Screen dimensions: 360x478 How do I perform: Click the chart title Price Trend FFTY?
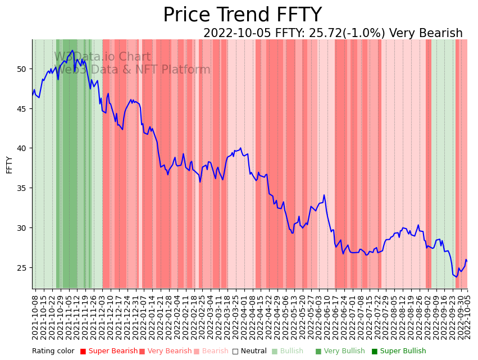(x=242, y=15)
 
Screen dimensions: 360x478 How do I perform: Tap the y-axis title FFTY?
(x=9, y=165)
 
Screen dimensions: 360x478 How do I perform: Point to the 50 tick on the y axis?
(x=22, y=69)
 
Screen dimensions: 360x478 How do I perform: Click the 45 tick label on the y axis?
(x=22, y=109)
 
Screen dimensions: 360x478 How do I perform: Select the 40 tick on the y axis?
(x=22, y=148)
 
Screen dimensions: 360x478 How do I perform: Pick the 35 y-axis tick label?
(x=22, y=188)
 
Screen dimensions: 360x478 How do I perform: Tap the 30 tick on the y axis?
(x=22, y=228)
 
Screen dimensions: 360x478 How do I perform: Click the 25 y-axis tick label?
(x=22, y=268)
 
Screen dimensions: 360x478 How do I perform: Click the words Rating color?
(x=53, y=351)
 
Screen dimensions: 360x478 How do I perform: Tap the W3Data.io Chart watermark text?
(x=102, y=57)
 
